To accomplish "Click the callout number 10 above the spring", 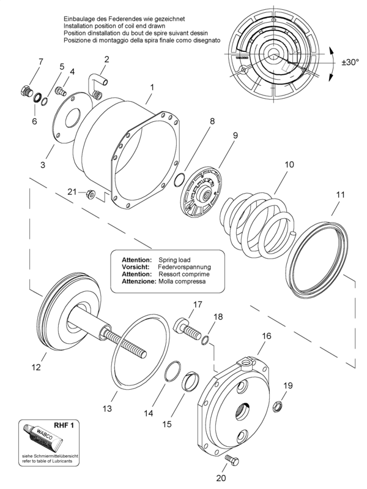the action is pyautogui.click(x=289, y=164).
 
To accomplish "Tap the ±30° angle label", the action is pyautogui.click(x=350, y=62).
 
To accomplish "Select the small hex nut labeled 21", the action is pyautogui.click(x=91, y=194).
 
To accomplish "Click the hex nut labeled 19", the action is pyautogui.click(x=277, y=406).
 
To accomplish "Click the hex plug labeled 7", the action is pyautogui.click(x=26, y=90).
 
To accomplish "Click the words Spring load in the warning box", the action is pyautogui.click(x=174, y=260).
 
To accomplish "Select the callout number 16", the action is pyautogui.click(x=267, y=336).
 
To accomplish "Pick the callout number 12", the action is pyautogui.click(x=36, y=367).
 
